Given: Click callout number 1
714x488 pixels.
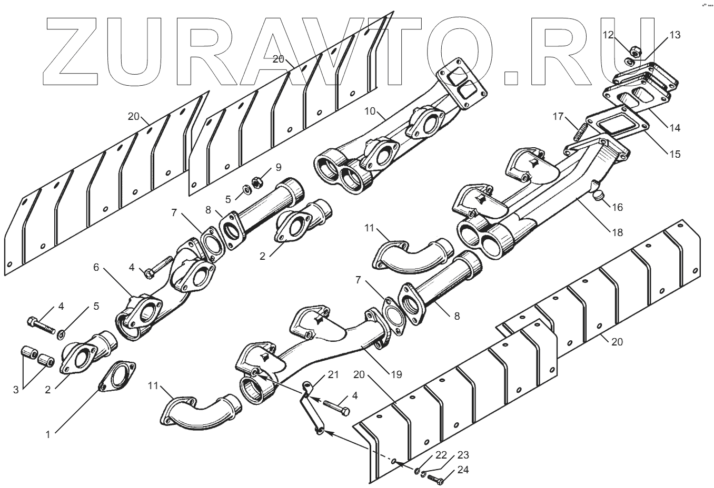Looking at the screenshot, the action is click(48, 434).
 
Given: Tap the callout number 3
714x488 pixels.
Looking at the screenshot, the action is click(16, 390).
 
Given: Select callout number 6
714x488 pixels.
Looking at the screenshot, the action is click(96, 268).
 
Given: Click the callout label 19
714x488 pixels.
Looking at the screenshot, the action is click(396, 374).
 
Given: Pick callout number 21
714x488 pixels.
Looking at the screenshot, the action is click(333, 374).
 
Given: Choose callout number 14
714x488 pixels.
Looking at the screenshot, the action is click(675, 127).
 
